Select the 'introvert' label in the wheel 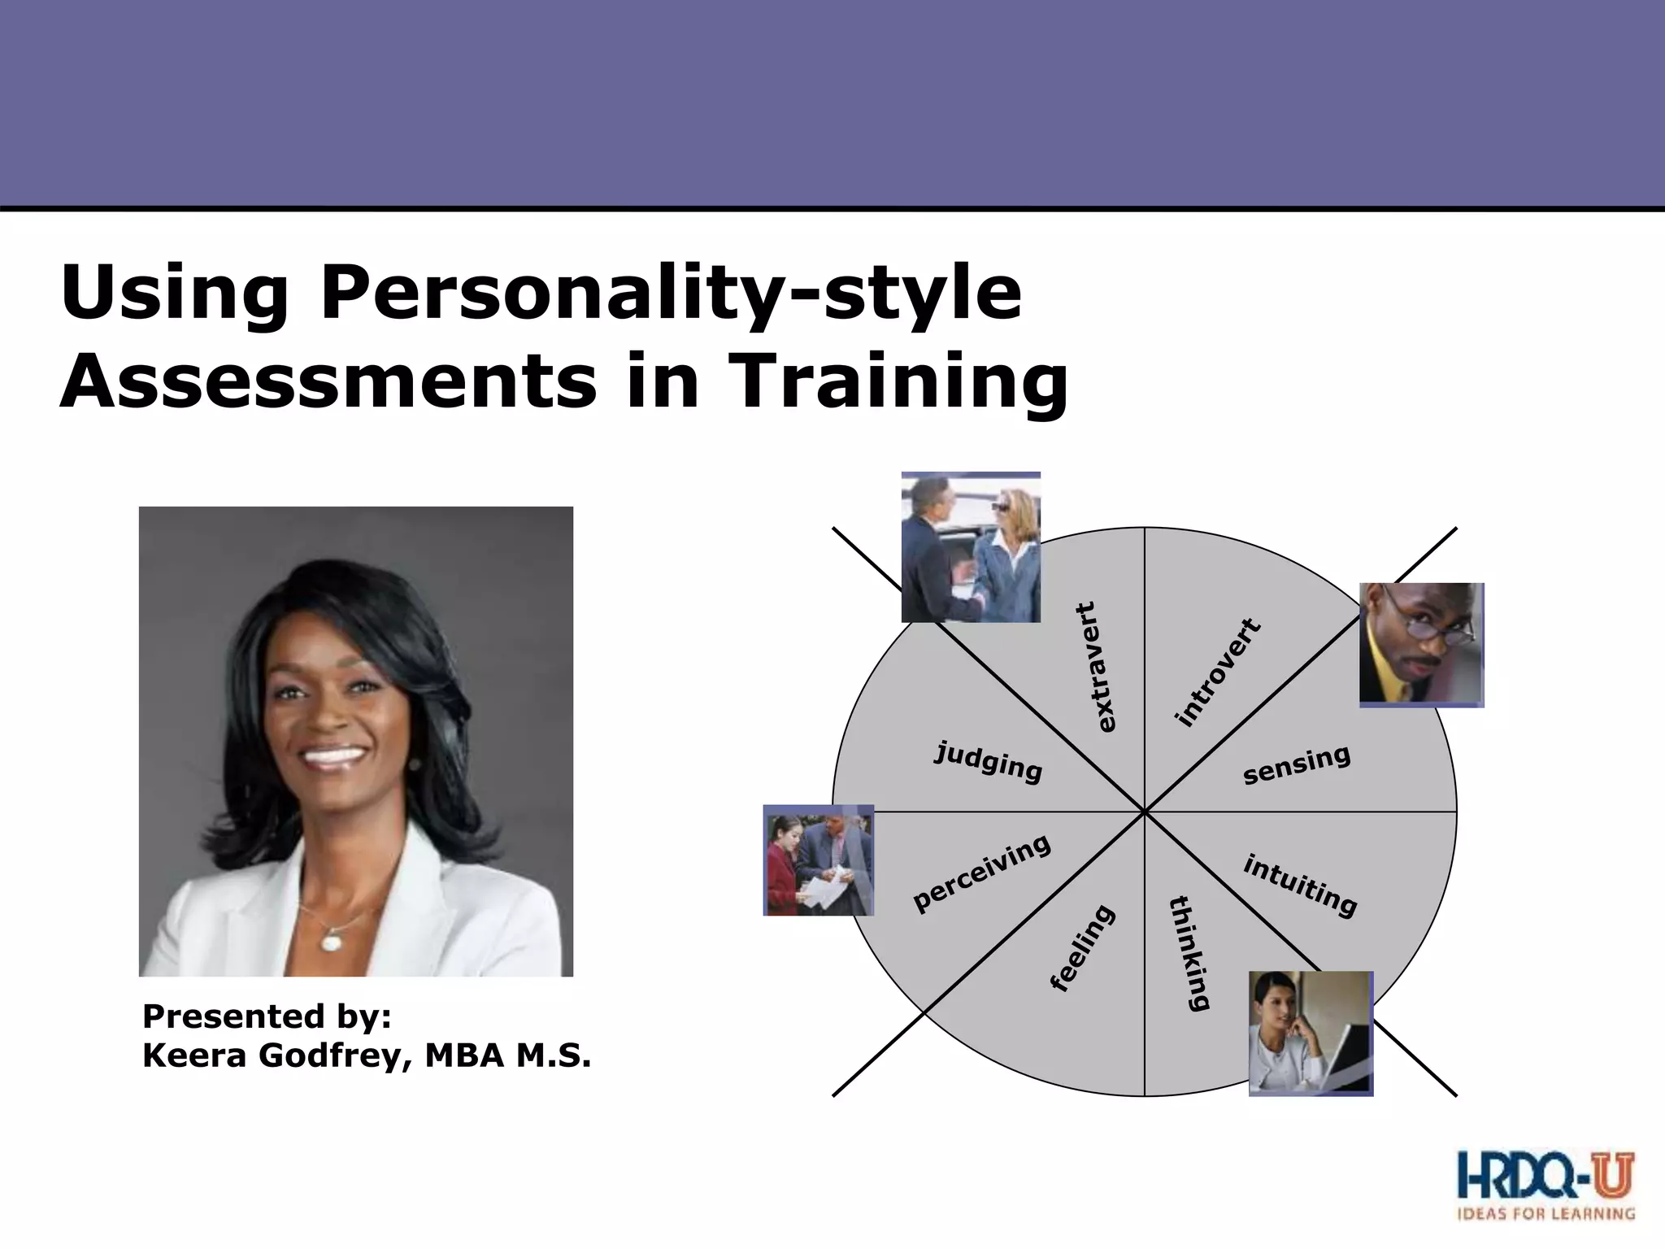click(x=1218, y=672)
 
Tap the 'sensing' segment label click(x=1296, y=764)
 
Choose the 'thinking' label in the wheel click(x=1189, y=953)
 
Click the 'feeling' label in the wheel click(x=1083, y=948)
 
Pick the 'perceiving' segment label click(x=981, y=873)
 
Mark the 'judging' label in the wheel click(x=988, y=762)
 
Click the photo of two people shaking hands click(x=971, y=547)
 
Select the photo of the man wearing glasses click(x=1421, y=644)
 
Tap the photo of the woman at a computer click(x=1311, y=1033)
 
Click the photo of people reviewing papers click(x=818, y=860)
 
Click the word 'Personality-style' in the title click(x=671, y=294)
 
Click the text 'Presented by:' click(x=267, y=1016)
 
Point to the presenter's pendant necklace click(x=332, y=941)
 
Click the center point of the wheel click(x=1145, y=812)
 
